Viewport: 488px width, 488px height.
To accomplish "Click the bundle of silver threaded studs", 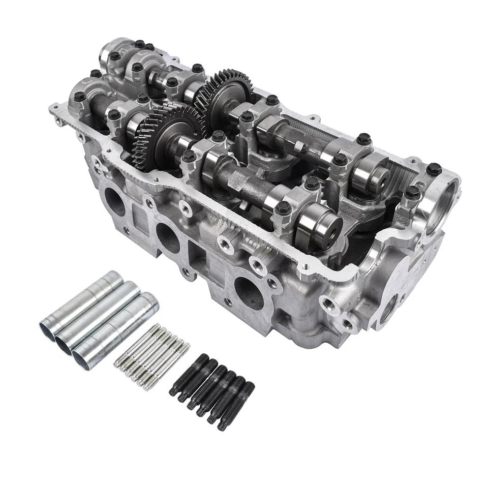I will [x=152, y=356].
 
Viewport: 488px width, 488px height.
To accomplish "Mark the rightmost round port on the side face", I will [x=249, y=292].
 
